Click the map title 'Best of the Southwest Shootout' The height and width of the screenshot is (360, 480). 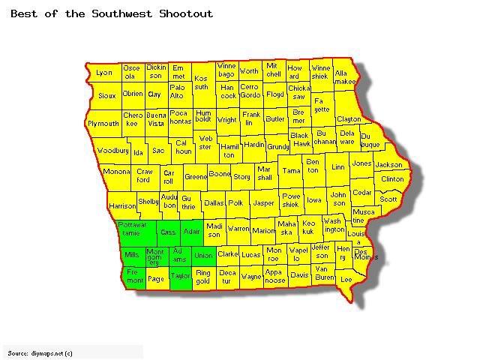(112, 13)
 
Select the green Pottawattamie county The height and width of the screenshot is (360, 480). (133, 229)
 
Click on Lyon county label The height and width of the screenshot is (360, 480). (103, 73)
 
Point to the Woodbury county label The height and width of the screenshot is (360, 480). (112, 151)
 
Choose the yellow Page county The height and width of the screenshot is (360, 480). (156, 279)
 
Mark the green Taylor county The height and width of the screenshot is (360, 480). (181, 276)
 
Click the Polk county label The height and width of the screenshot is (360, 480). (236, 203)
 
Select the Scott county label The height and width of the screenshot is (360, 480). (388, 199)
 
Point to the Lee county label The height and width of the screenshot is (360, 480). (346, 279)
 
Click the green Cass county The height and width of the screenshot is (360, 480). (169, 232)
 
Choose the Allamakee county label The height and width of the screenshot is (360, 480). (345, 77)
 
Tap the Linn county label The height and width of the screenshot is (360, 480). (338, 167)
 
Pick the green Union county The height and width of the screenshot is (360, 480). (203, 256)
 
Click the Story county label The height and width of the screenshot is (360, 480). (241, 177)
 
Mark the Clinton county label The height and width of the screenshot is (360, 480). (392, 179)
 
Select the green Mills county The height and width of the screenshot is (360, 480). (132, 255)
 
